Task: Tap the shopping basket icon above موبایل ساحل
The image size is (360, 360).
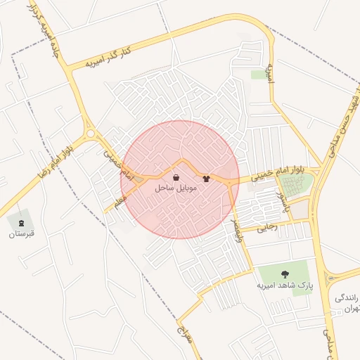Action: [175, 178]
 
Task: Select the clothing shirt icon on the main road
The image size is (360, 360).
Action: [206, 179]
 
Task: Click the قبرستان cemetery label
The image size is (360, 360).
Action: [21, 233]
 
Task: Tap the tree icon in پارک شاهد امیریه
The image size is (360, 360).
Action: [284, 275]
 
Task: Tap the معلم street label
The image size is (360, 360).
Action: [119, 202]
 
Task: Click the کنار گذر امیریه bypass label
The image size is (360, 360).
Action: [108, 58]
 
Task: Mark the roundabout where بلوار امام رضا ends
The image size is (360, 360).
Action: [90, 134]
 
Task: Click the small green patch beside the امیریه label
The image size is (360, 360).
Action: [259, 74]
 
